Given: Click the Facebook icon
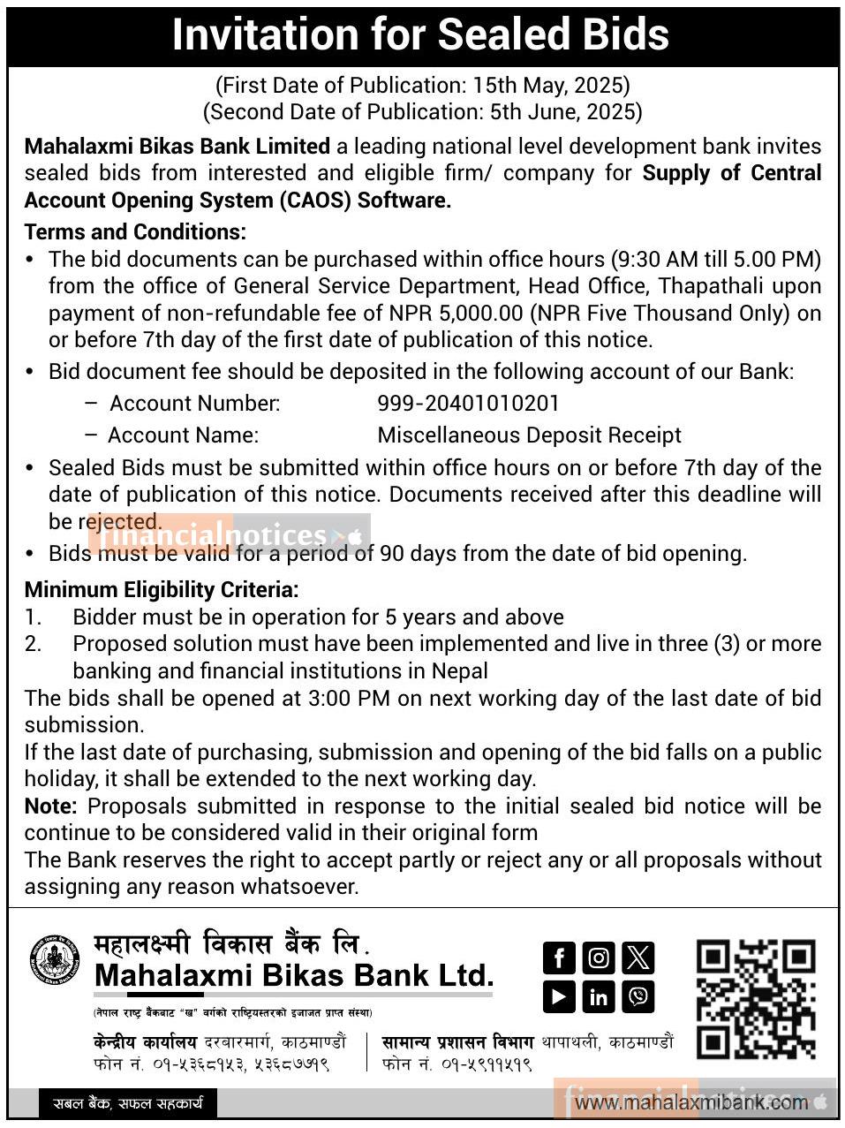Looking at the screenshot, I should coord(558,957).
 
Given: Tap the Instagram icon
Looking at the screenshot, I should coord(599,957).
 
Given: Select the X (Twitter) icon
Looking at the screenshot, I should coord(638,957).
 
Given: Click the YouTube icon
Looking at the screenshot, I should coord(558,996).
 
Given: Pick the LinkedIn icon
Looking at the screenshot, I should coord(599,996).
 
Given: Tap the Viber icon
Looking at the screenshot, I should coord(638,996).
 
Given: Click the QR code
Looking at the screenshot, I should coord(755,999).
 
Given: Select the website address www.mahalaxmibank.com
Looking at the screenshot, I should coord(691,1102).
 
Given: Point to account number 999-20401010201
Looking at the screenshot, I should coord(468,404).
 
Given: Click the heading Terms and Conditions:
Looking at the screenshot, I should coord(135,232).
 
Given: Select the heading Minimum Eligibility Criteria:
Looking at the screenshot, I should coord(162,589).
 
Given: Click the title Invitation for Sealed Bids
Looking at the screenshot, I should coord(420,35).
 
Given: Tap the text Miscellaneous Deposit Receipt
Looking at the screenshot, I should coord(529,435).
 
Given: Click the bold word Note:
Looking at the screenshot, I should coord(51,806).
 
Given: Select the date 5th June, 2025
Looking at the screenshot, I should coord(562,112).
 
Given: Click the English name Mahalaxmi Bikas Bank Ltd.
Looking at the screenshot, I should coord(293,975).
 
